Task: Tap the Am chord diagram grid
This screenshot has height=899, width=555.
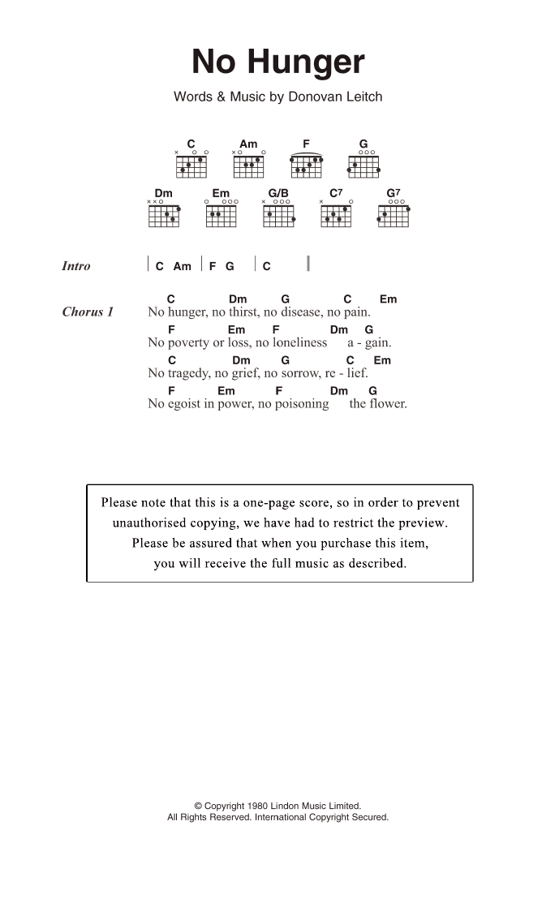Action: (248, 166)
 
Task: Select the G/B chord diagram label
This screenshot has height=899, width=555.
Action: (278, 193)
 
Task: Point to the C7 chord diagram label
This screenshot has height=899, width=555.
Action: (336, 193)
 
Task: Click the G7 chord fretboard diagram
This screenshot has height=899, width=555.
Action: (394, 216)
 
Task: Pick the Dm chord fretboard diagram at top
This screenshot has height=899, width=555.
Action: (163, 216)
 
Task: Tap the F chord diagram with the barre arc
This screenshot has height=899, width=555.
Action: (307, 166)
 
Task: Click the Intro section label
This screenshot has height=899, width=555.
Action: (76, 266)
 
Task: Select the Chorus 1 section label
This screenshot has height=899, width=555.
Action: (88, 312)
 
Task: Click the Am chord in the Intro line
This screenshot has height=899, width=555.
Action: (183, 266)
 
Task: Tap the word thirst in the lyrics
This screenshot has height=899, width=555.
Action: (243, 312)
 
